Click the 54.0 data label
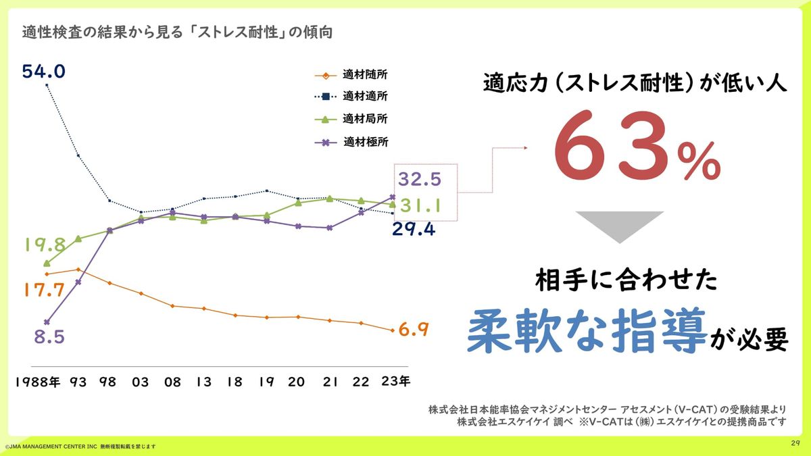click(x=43, y=71)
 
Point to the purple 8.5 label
click(x=49, y=336)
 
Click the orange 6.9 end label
click(x=414, y=330)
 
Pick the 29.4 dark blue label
click(x=414, y=230)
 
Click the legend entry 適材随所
click(x=365, y=75)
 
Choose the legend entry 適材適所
click(x=365, y=97)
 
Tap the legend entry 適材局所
click(x=365, y=119)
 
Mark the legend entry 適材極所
click(x=365, y=142)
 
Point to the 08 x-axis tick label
click(x=172, y=382)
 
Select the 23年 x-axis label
click(x=395, y=381)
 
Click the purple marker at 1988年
click(x=47, y=322)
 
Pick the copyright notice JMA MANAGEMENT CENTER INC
click(x=51, y=447)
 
